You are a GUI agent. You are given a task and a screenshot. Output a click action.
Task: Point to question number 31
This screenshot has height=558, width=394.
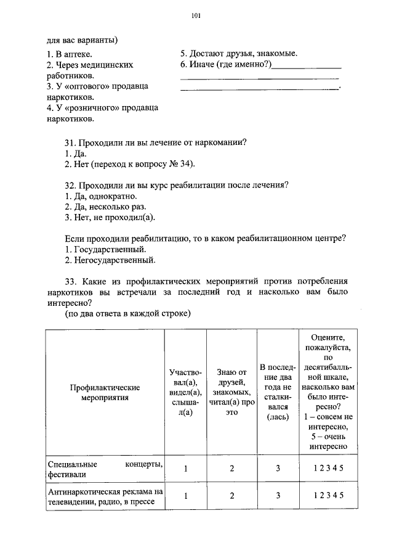coord(70,142)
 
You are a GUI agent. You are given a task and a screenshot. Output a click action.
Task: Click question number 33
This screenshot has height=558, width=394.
coord(70,281)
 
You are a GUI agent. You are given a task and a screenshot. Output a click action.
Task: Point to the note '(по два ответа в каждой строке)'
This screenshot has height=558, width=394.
coord(128,313)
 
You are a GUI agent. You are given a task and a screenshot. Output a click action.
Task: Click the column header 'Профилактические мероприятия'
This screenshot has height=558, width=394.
coord(105,393)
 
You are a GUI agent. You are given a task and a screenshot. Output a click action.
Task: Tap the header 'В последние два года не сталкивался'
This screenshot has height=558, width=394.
coord(278,393)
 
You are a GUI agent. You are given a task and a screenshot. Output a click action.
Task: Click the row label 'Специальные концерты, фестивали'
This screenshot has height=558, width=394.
coord(105,469)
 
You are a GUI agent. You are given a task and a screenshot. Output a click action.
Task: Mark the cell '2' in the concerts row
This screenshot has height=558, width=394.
coord(232,469)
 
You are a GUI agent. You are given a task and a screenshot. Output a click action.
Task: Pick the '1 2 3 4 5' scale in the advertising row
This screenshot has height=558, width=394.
coord(327,496)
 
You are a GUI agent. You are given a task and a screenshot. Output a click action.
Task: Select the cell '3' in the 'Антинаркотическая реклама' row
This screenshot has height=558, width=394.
coord(278,496)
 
